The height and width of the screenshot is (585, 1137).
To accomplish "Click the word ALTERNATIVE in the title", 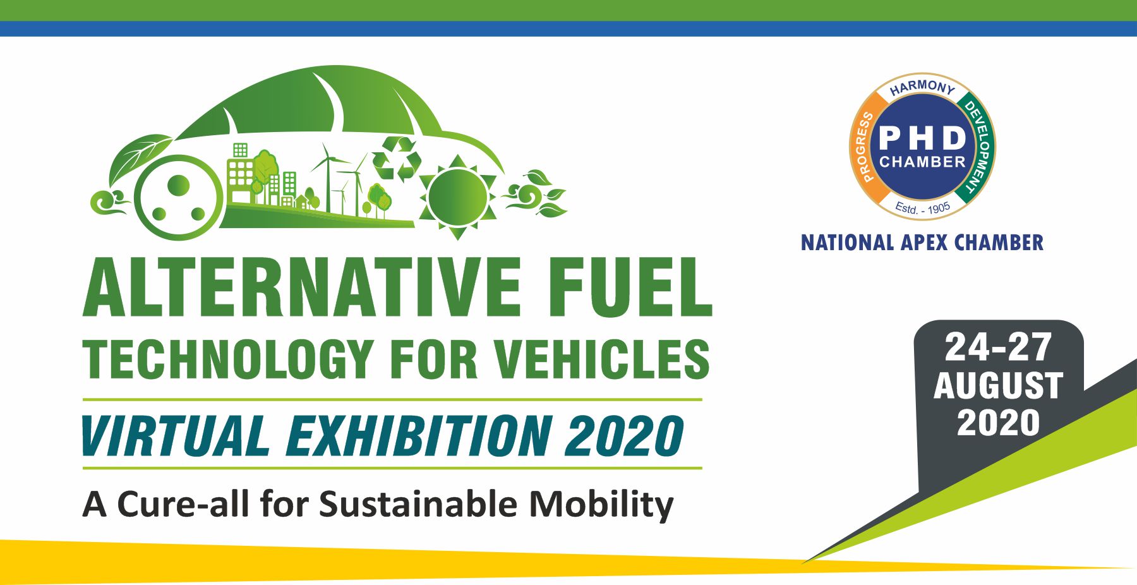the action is click(302, 287).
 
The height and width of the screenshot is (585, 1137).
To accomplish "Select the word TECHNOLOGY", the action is click(228, 359).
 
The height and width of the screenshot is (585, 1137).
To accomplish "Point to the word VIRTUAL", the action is click(176, 436).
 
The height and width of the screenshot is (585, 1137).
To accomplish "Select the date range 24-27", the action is click(998, 347).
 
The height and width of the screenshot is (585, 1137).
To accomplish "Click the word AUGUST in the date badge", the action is click(998, 385).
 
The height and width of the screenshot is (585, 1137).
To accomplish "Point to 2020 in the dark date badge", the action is click(998, 423).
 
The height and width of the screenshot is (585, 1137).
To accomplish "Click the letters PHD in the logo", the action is click(922, 138).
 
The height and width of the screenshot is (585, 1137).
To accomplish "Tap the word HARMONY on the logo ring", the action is click(922, 87).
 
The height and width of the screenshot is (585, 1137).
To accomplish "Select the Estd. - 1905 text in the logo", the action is click(922, 207).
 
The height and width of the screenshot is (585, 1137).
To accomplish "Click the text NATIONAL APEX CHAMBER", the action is click(922, 243).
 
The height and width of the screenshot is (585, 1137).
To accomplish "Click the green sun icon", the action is click(457, 196).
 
